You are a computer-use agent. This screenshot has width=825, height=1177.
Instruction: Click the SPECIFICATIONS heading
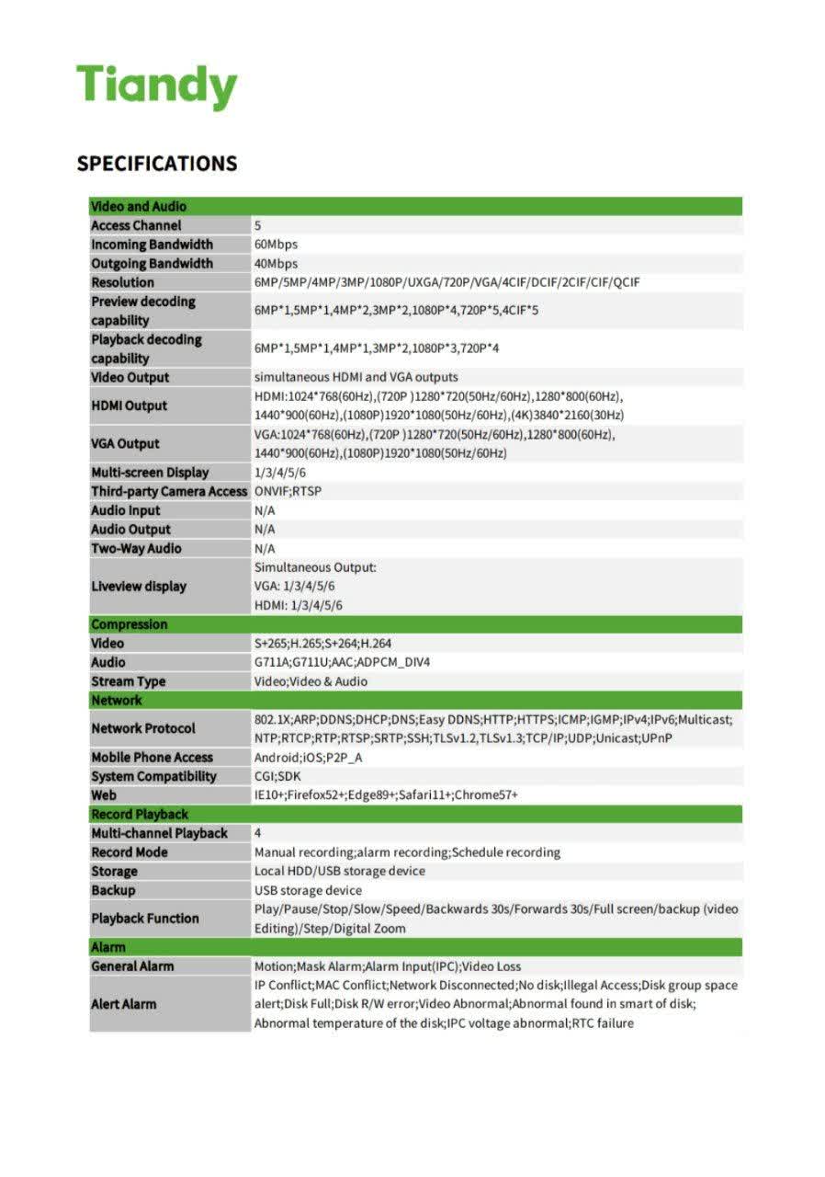pyautogui.click(x=157, y=164)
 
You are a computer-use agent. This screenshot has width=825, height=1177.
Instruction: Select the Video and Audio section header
pyautogui.click(x=138, y=207)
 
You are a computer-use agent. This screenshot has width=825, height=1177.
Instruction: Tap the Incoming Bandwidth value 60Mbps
pyautogui.click(x=276, y=245)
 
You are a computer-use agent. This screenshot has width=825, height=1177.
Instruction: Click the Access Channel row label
pyautogui.click(x=136, y=226)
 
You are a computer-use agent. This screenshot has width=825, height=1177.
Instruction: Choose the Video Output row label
pyautogui.click(x=130, y=378)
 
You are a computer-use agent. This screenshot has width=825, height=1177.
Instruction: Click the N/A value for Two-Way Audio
pyautogui.click(x=265, y=549)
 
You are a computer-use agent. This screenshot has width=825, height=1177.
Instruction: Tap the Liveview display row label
pyautogui.click(x=139, y=587)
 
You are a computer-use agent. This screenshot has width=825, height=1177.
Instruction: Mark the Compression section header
pyautogui.click(x=130, y=625)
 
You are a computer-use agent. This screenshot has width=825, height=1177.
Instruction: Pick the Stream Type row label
pyautogui.click(x=129, y=682)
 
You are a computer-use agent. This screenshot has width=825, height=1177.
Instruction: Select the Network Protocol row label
pyautogui.click(x=143, y=729)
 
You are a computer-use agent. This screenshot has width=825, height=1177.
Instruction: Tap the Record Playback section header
pyautogui.click(x=140, y=815)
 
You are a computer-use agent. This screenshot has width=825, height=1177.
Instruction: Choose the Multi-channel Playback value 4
pyautogui.click(x=258, y=834)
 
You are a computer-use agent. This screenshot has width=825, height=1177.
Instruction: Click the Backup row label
pyautogui.click(x=113, y=891)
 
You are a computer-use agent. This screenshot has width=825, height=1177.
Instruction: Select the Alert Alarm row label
pyautogui.click(x=124, y=1004)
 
